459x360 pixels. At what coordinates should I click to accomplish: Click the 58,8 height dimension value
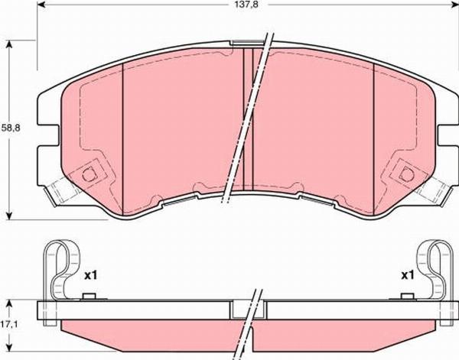[11, 128]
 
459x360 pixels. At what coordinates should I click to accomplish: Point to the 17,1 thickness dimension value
[10, 324]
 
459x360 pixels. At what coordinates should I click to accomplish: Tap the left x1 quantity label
[90, 275]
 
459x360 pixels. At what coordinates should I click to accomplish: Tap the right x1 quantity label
[408, 275]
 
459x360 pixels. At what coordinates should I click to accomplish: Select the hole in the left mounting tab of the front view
[88, 175]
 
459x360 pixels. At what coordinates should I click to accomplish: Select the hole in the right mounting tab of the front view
[408, 174]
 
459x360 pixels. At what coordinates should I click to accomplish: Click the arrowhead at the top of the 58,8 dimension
[10, 44]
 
